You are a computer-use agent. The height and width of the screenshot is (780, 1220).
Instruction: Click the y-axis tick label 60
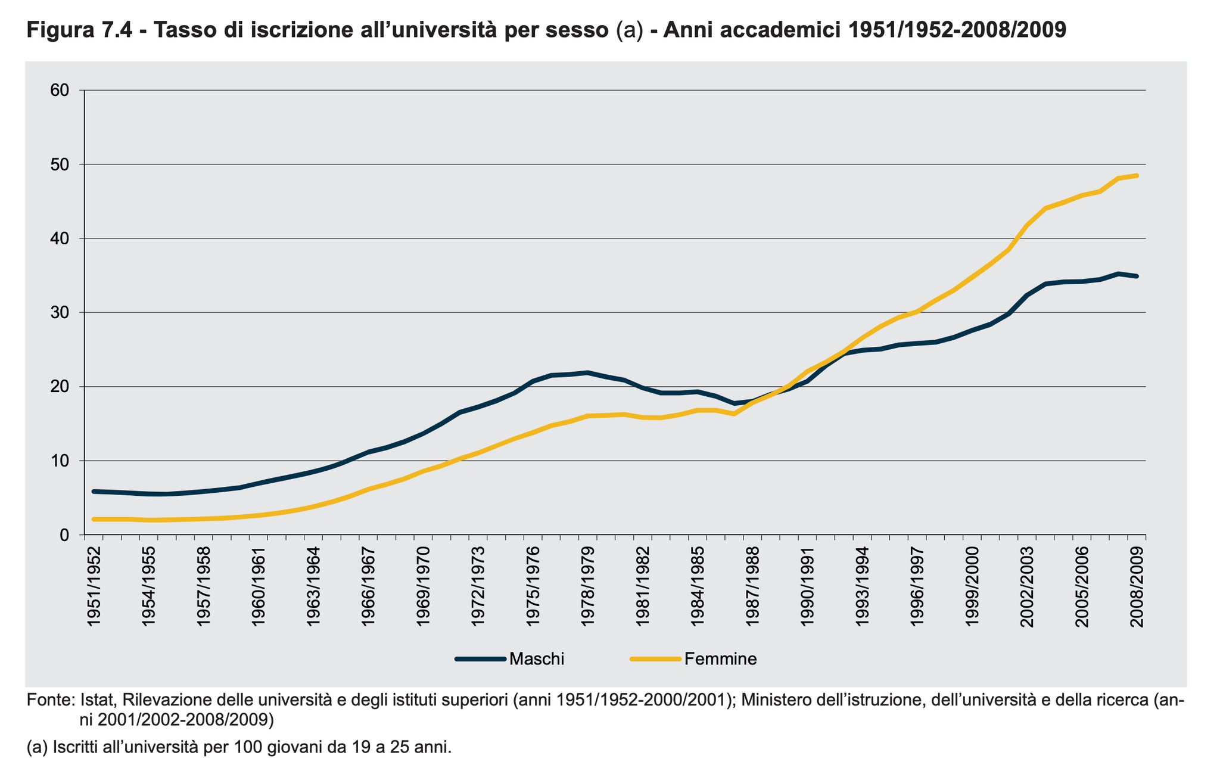[x=60, y=90]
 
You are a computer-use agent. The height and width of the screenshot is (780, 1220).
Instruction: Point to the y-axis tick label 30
[x=60, y=313]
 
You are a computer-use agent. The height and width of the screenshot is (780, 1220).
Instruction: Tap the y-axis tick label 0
[x=64, y=535]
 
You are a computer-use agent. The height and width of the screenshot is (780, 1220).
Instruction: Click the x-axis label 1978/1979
[x=589, y=586]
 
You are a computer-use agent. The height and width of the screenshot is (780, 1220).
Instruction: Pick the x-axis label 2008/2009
[x=1137, y=586]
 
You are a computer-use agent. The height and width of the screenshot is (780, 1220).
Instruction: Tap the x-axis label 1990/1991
[x=808, y=586]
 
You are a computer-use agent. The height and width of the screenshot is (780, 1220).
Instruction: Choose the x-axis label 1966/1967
[x=369, y=586]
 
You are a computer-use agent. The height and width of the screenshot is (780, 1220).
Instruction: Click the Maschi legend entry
[x=537, y=658]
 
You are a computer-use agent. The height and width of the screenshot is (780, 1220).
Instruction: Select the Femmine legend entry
[x=720, y=658]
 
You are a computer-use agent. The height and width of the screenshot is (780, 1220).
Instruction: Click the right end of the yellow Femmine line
[x=1137, y=175]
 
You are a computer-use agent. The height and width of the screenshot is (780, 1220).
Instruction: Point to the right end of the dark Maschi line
[x=1137, y=276]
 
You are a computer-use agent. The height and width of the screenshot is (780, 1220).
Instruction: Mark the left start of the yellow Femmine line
[x=94, y=519]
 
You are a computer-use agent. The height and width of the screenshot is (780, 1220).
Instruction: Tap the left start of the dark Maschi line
[x=94, y=491]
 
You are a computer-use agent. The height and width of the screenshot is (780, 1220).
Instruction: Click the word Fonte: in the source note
[x=50, y=700]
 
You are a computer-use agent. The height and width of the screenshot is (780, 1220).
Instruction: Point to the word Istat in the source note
[x=97, y=700]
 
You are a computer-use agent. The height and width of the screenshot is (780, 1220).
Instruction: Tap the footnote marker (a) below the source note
[x=38, y=747]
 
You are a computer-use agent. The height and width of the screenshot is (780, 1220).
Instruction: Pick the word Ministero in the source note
[x=780, y=700]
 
